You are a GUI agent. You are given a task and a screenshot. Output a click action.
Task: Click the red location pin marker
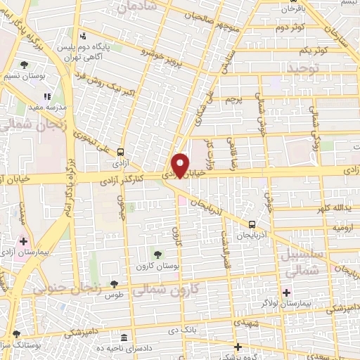(181, 165)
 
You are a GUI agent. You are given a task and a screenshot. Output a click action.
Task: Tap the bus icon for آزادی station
(121, 151)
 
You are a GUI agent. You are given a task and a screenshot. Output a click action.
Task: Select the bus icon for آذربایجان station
(252, 224)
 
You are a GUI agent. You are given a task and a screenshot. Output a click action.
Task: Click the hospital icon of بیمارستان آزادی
(23, 240)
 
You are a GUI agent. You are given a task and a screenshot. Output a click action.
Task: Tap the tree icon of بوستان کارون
(157, 254)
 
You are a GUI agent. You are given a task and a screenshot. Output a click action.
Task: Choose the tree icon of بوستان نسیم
(24, 65)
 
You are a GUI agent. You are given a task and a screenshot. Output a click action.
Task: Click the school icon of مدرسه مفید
(48, 97)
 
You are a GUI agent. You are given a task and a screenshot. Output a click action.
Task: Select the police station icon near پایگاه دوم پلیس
(84, 36)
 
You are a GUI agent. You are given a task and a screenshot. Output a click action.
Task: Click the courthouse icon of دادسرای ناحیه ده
(124, 338)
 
